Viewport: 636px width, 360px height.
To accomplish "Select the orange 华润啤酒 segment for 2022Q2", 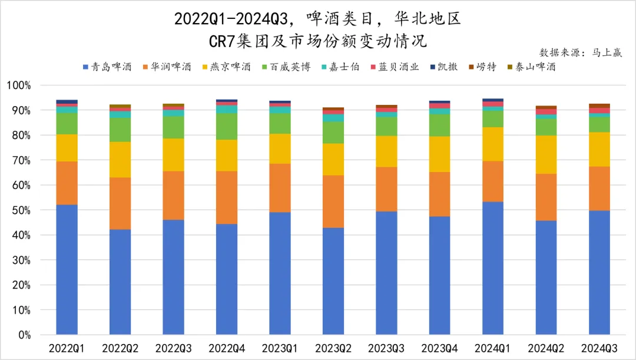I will click(120, 203).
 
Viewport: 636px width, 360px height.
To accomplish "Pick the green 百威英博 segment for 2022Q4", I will click(227, 126).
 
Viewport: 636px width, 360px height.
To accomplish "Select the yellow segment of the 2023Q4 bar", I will click(440, 154).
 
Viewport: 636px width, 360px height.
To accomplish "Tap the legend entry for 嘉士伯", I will click(341, 67).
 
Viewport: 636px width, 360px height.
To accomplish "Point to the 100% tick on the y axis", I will click(19, 85).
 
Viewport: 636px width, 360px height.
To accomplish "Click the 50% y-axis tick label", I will click(22, 210).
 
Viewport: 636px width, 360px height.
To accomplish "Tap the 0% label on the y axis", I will click(25, 335).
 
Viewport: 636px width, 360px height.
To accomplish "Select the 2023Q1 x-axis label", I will click(280, 349).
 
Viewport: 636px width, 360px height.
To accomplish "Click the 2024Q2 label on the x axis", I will click(546, 349).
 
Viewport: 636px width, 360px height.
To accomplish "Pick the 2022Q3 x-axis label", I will click(173, 349).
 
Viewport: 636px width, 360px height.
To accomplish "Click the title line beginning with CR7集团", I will click(317, 41).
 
